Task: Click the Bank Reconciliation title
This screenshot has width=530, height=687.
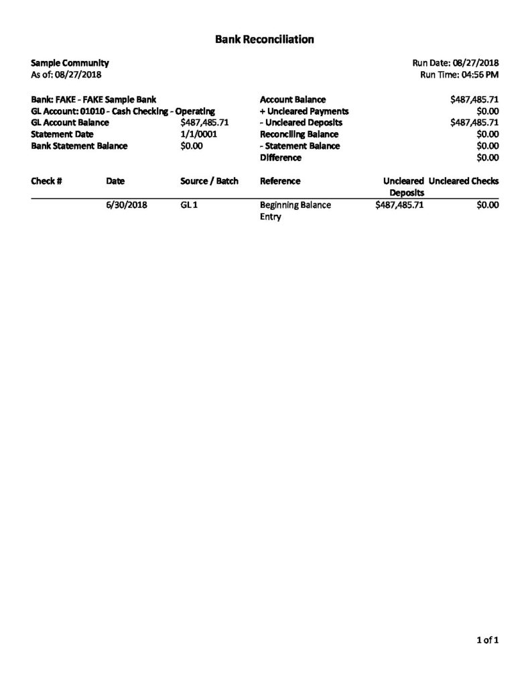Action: click(x=265, y=40)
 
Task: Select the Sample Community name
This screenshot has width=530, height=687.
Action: click(x=70, y=62)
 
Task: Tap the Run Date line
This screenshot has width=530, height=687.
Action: click(x=456, y=62)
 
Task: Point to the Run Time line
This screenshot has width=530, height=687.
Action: click(x=459, y=74)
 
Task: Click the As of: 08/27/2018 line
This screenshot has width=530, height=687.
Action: click(x=66, y=74)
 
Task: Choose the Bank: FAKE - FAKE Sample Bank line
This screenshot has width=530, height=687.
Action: click(x=94, y=99)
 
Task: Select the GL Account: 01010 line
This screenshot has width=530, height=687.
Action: click(x=123, y=111)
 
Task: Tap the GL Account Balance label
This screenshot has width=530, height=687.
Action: click(x=70, y=123)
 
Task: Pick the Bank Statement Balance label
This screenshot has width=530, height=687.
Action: click(x=79, y=146)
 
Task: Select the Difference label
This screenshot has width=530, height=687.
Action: click(x=280, y=158)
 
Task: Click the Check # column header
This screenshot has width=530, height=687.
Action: click(x=47, y=181)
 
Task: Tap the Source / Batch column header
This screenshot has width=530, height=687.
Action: click(x=209, y=181)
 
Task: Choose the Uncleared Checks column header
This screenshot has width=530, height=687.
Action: click(x=464, y=181)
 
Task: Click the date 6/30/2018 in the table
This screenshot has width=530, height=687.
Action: click(x=126, y=205)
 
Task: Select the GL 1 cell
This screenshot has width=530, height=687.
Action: click(x=188, y=205)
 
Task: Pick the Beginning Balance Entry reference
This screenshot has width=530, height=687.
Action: click(x=295, y=211)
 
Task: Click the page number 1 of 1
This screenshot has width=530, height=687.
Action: click(x=487, y=641)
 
